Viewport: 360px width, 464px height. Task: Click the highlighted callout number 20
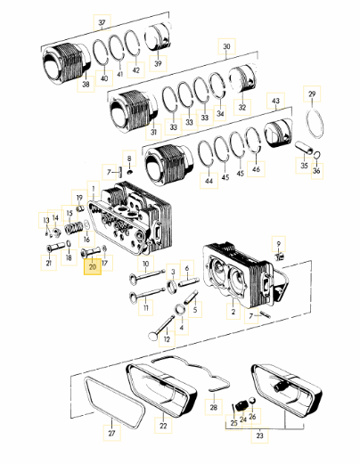point(93,266)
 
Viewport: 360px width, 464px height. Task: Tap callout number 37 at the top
point(102,22)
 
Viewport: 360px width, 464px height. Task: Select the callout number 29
point(312,94)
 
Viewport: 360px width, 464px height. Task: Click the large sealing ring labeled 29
point(315,124)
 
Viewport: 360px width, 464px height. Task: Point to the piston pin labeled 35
point(304,148)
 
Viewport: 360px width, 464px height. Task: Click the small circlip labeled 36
point(317,155)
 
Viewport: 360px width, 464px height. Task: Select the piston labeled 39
point(158,38)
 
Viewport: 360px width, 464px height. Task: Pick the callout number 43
point(276,101)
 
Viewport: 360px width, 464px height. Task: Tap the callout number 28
point(214,407)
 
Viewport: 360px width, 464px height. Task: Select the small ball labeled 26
point(251,401)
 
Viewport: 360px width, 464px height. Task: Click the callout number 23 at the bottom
point(259,436)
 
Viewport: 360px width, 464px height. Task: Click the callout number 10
point(145,264)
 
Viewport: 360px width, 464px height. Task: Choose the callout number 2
point(233,312)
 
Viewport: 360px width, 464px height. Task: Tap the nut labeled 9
point(280,256)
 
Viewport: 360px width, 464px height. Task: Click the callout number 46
point(256,169)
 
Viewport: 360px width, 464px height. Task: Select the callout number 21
point(49,263)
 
